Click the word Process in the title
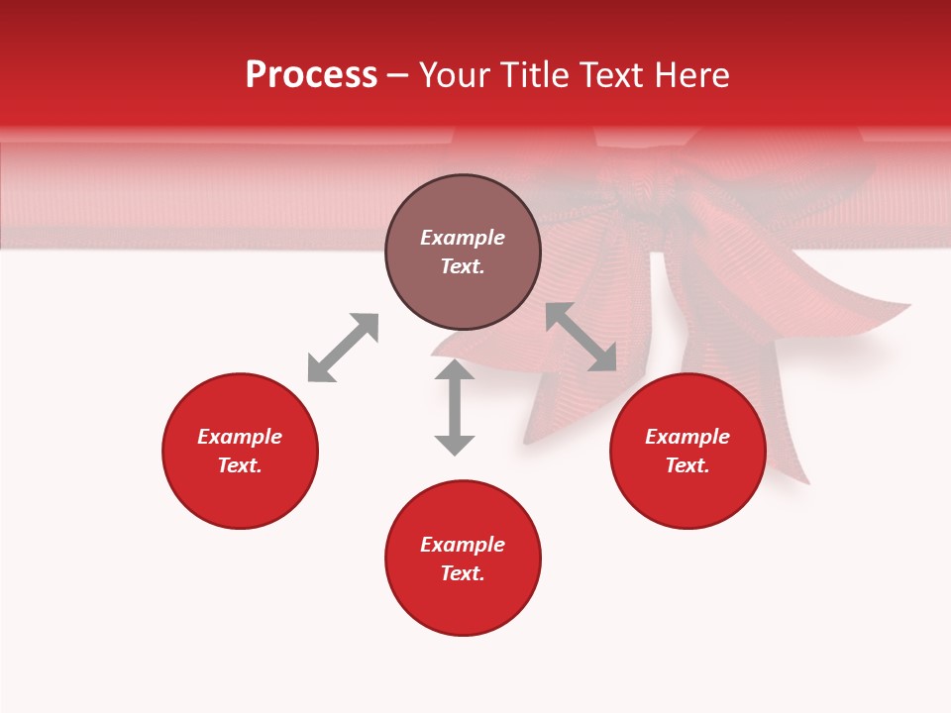tap(311, 75)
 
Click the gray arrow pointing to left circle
tap(343, 348)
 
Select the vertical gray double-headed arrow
tap(455, 408)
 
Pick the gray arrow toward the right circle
tap(581, 337)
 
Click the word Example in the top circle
tap(463, 238)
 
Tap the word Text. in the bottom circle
tap(463, 573)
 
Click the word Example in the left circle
tap(240, 437)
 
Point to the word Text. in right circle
tap(687, 465)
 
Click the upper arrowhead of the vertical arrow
tap(455, 371)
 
